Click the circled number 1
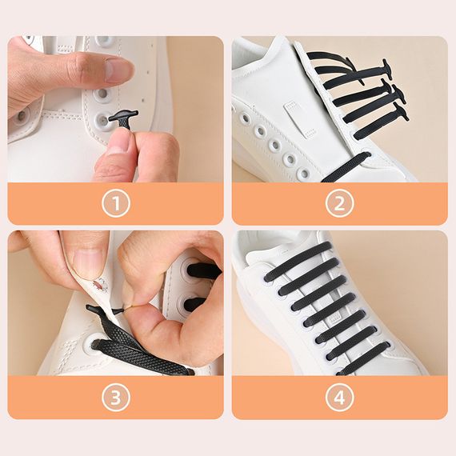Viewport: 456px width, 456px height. click(115, 202)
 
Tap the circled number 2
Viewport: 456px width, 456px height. click(339, 202)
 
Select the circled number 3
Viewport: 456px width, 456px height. click(115, 398)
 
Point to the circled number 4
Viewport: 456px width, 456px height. click(339, 398)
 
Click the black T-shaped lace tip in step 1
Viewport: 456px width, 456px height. click(123, 118)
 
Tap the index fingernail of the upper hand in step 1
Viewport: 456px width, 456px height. click(117, 69)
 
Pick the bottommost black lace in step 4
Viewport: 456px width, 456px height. click(363, 359)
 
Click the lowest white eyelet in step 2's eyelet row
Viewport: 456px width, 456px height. click(304, 174)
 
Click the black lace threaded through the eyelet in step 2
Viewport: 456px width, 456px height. click(346, 166)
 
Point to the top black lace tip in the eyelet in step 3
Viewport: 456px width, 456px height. click(203, 270)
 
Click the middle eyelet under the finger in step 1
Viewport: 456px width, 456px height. click(102, 94)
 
